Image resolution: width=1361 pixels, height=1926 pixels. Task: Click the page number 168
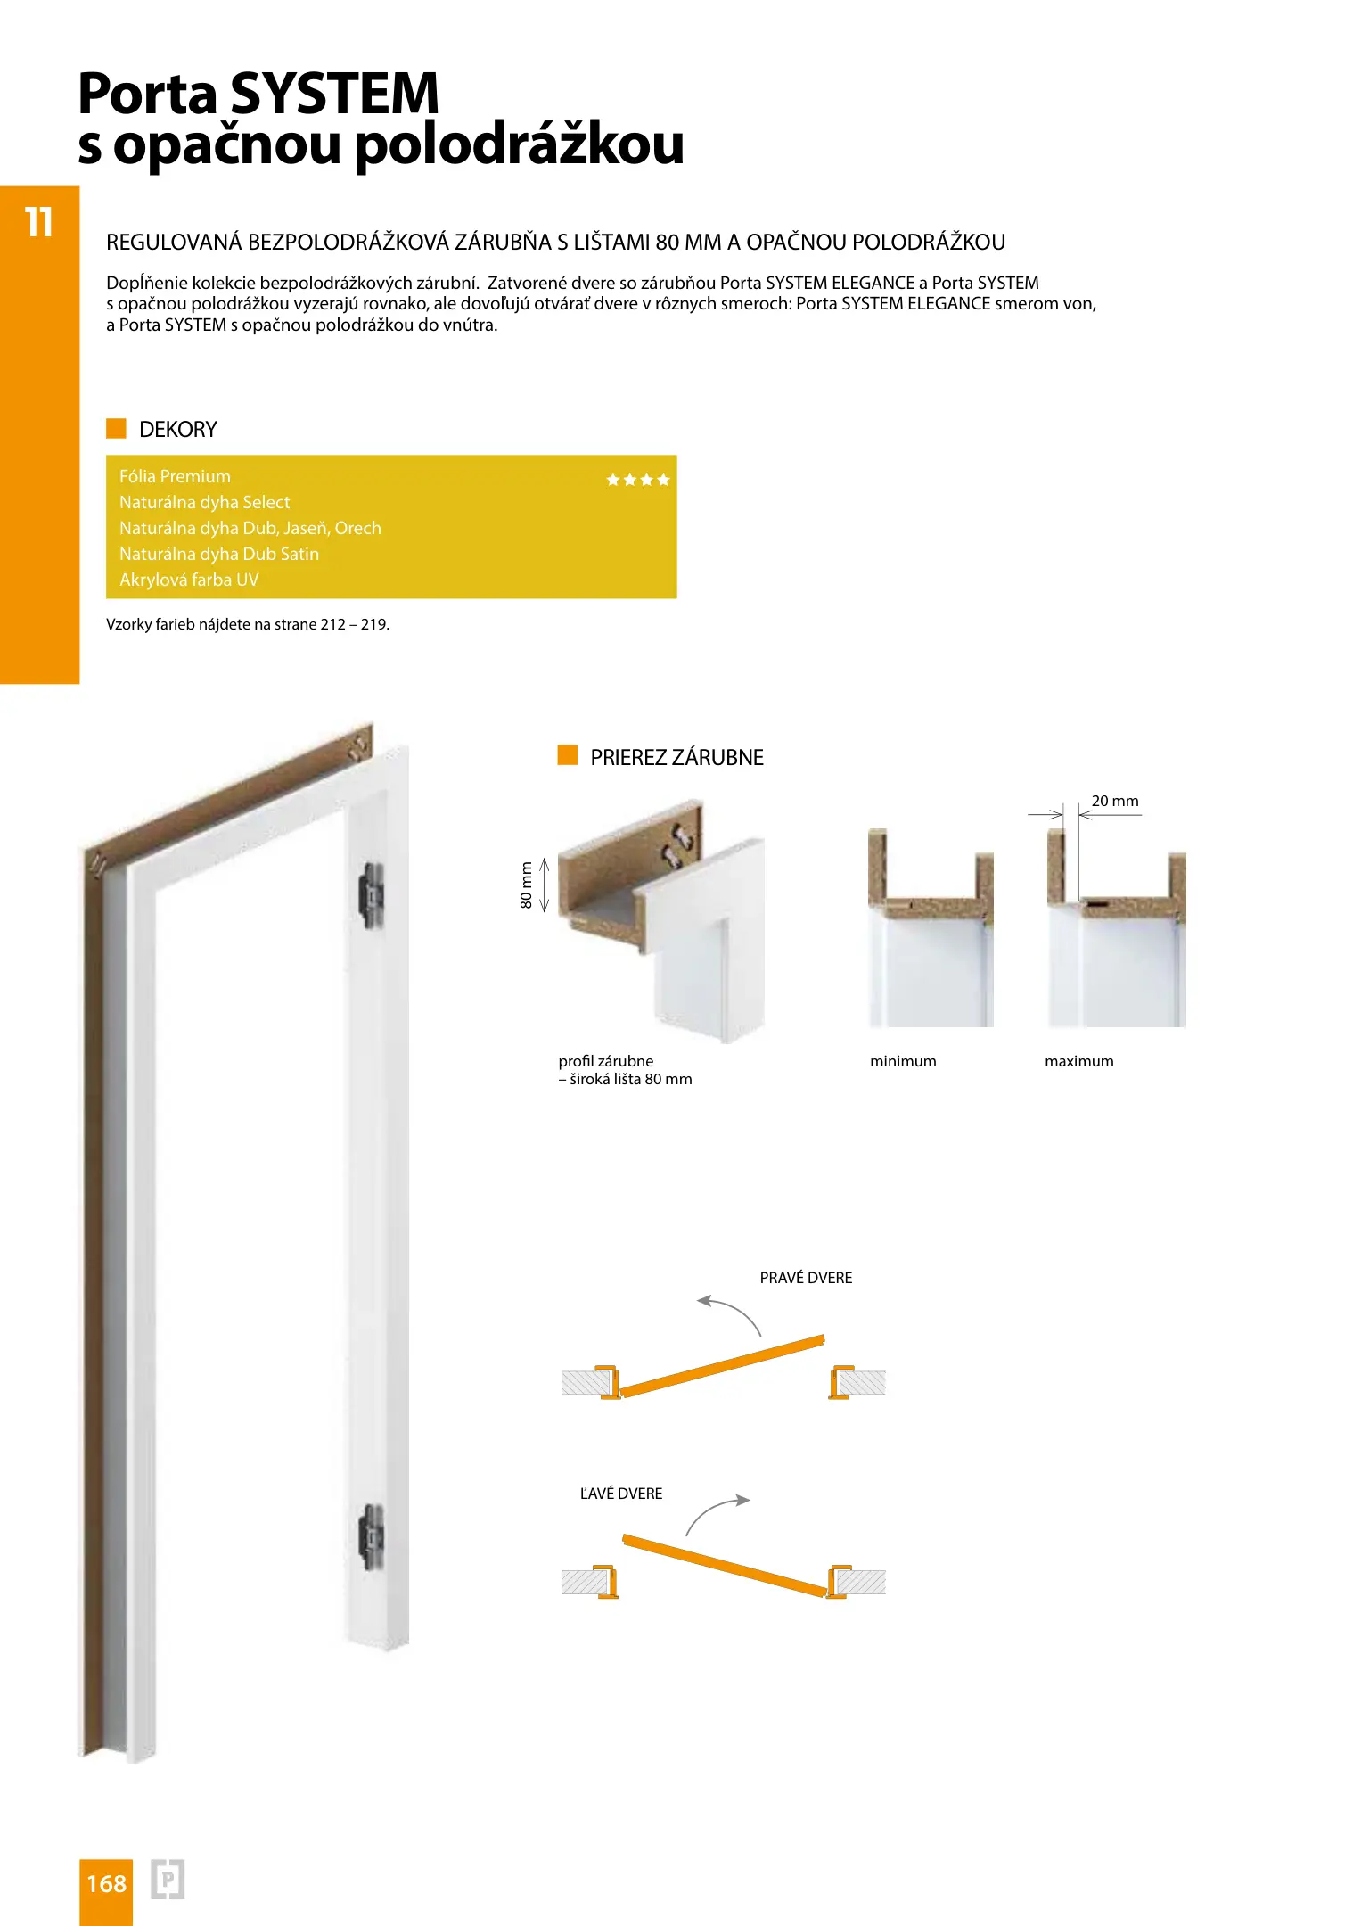click(106, 1883)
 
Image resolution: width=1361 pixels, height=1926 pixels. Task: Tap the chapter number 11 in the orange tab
click(39, 222)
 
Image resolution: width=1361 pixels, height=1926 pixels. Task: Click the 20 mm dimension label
click(1114, 801)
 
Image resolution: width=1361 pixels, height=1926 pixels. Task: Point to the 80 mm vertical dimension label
click(526, 885)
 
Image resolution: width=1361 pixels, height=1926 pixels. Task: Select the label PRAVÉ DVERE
click(806, 1278)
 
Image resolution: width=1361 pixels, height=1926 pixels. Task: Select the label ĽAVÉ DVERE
click(621, 1494)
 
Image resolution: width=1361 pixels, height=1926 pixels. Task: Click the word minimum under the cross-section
click(903, 1061)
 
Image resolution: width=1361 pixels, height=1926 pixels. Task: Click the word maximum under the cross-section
click(1078, 1061)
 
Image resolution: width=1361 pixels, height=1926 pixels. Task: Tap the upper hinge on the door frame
click(371, 894)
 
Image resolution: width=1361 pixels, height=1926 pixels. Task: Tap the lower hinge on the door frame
click(371, 1536)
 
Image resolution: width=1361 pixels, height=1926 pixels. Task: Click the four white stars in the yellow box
click(637, 480)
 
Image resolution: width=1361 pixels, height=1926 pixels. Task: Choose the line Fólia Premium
click(175, 476)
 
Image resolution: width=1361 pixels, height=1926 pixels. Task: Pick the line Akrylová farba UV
click(189, 580)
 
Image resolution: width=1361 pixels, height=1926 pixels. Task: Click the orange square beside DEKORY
click(116, 429)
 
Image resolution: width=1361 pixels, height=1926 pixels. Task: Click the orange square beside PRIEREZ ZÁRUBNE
click(567, 756)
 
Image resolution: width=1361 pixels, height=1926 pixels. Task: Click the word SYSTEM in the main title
click(334, 93)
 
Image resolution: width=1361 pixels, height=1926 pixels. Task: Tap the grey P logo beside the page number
click(168, 1880)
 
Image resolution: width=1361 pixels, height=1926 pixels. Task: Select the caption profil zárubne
click(606, 1061)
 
